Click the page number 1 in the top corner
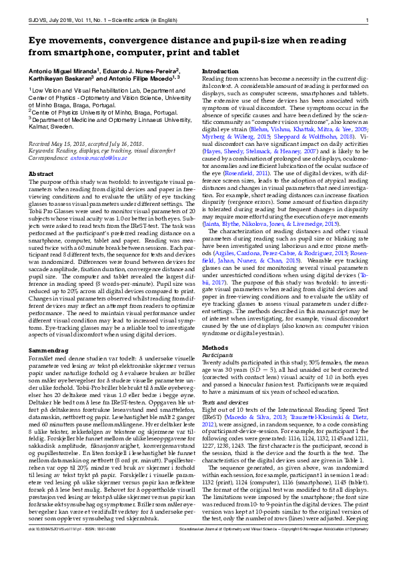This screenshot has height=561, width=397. (367, 20)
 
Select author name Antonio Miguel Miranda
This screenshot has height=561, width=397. (62, 70)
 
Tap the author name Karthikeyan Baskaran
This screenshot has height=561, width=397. (57, 79)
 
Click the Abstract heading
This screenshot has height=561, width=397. (41, 174)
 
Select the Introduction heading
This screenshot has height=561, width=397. (220, 71)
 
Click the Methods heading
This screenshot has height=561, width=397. (215, 348)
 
